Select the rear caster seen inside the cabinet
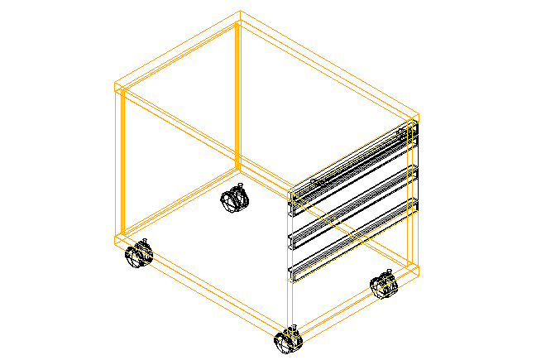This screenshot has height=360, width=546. pyautogui.click(x=235, y=199)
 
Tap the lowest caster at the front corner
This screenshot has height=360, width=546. pyautogui.click(x=287, y=341)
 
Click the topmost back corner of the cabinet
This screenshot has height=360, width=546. pyautogui.click(x=240, y=13)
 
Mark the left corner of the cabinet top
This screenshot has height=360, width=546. pyautogui.click(x=114, y=85)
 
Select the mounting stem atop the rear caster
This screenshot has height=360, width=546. pyautogui.click(x=239, y=186)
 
